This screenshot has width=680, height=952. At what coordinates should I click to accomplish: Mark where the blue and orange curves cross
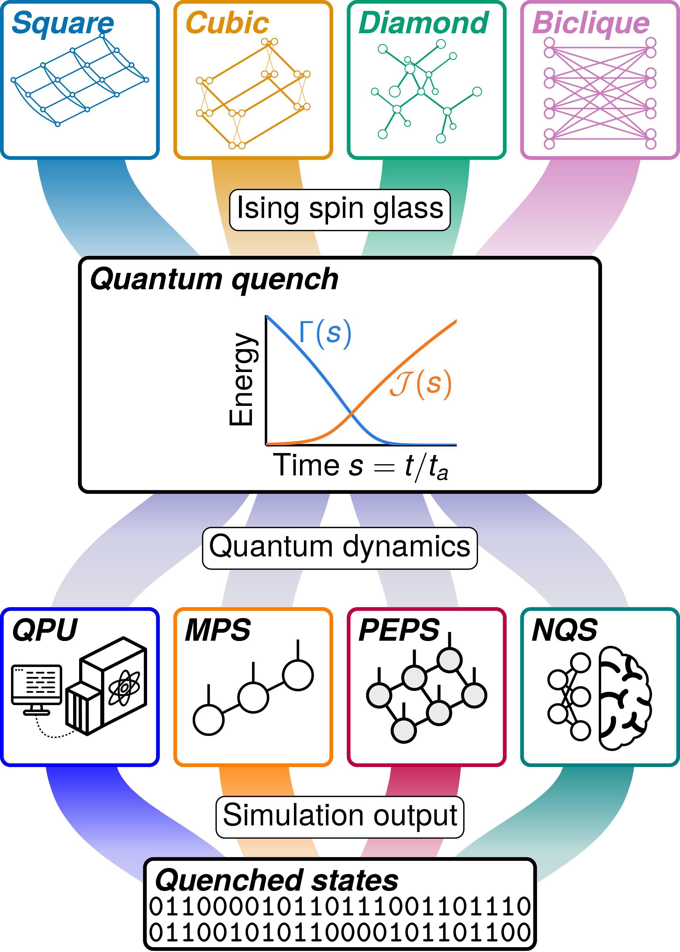coord(351,414)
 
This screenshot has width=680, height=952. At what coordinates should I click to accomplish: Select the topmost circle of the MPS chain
coord(298,675)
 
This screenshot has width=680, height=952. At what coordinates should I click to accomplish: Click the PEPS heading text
coord(399,630)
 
